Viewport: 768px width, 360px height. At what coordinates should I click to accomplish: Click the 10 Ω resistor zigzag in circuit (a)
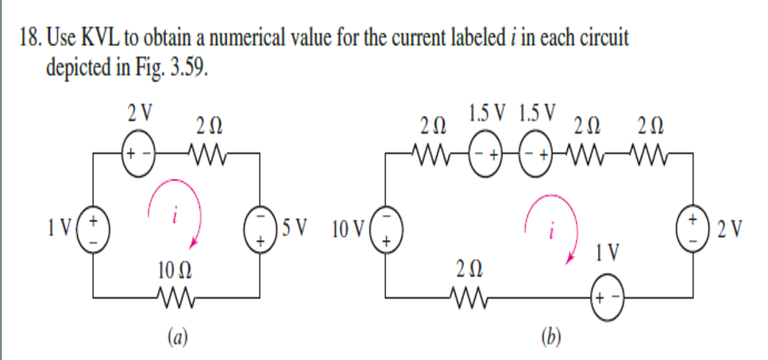(x=175, y=298)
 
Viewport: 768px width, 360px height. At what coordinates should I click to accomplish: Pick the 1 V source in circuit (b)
(x=608, y=298)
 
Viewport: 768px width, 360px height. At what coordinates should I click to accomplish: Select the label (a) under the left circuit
(x=177, y=338)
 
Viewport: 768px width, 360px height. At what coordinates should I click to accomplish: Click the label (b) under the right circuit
(x=548, y=338)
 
